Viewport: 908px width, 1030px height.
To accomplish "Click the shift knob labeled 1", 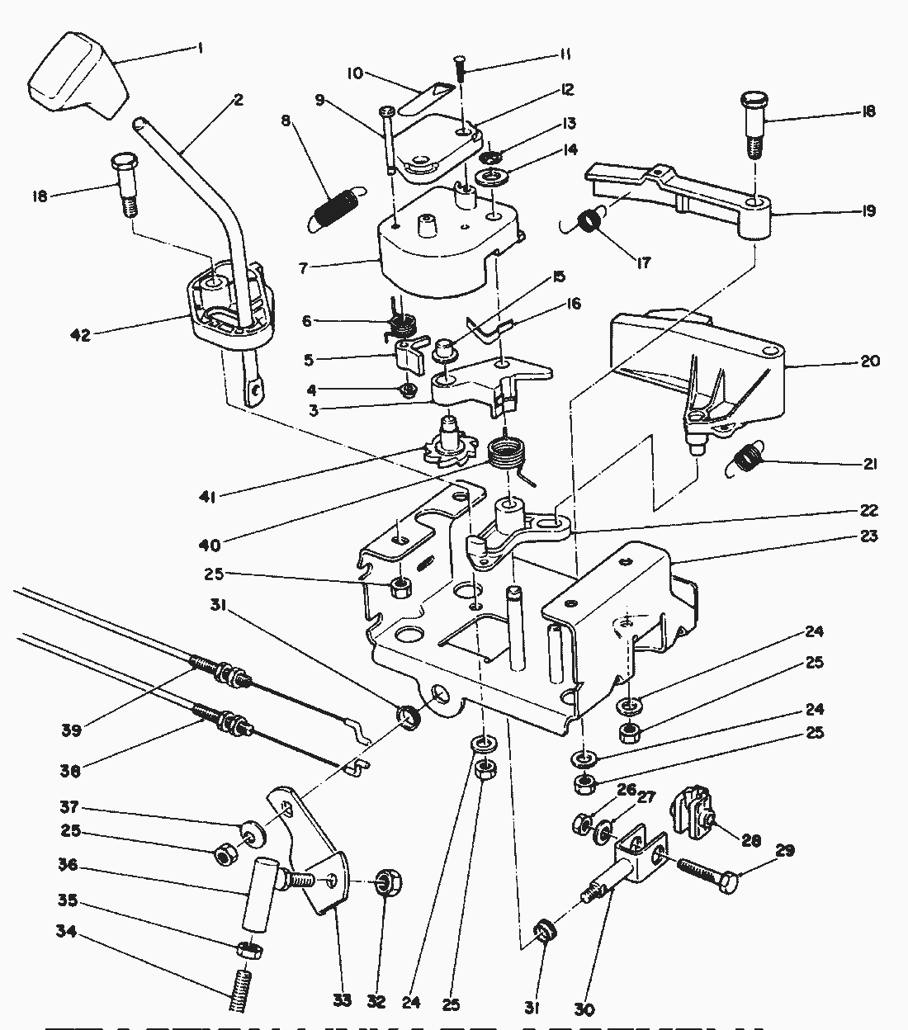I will click(x=76, y=73).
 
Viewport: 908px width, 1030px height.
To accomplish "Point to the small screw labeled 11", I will click(x=460, y=65).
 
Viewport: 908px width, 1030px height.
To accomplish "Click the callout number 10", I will click(x=354, y=73).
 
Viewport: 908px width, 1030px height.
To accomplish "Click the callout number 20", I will click(x=870, y=361).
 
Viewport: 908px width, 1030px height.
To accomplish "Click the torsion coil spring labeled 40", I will click(x=509, y=456).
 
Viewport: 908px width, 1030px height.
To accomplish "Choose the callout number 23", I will click(x=868, y=536).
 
